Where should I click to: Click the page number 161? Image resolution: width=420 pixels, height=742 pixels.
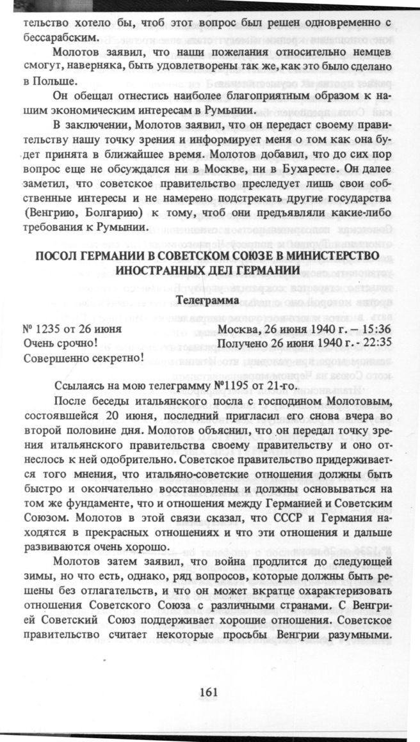click(210, 691)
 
